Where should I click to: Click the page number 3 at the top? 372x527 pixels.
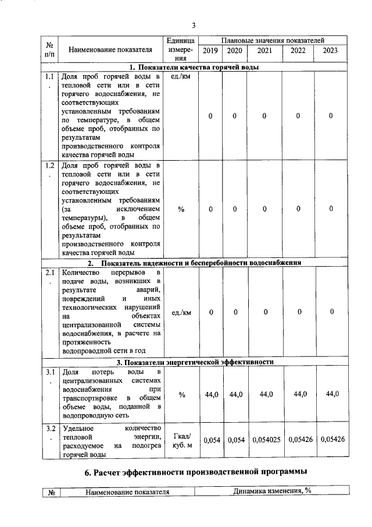(194, 25)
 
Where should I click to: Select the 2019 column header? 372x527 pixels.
(210, 51)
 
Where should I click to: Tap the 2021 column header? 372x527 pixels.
(264, 51)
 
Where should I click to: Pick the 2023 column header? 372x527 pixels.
(330, 51)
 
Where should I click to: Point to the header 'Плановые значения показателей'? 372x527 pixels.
(273, 40)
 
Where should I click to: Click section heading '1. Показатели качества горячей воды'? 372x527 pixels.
(194, 67)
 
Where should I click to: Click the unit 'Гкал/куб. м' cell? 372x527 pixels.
(181, 441)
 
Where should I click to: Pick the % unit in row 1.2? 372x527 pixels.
(181, 209)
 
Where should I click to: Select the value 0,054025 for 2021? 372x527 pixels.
(266, 440)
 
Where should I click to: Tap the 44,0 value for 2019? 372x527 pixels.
(212, 395)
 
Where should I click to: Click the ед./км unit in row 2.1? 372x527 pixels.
(181, 313)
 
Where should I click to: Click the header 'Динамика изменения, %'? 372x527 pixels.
(272, 491)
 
